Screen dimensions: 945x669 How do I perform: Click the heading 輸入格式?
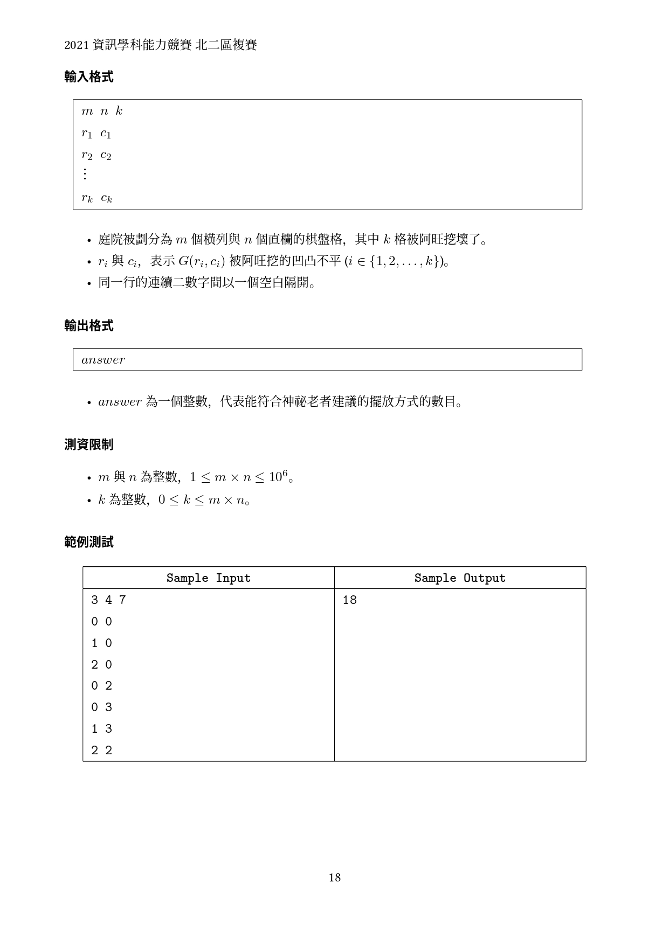coord(88,77)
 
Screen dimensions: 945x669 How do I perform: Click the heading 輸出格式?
coord(88,326)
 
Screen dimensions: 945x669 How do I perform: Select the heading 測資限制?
coord(88,445)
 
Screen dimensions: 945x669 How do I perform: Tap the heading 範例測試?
coord(88,543)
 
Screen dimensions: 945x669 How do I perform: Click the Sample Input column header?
coord(208,578)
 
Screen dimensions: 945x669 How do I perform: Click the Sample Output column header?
coord(460,578)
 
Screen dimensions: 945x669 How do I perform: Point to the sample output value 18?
coord(349,600)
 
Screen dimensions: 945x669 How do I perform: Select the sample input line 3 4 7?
coord(108,600)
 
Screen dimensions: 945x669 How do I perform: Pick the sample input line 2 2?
coord(101,751)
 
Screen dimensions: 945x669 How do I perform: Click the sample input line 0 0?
coord(101,622)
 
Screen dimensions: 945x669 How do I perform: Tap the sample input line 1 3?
coord(101,729)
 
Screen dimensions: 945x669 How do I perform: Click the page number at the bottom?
coord(334,878)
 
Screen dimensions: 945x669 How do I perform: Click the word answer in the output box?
coord(103,360)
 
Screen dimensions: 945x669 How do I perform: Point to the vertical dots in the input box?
coord(85,174)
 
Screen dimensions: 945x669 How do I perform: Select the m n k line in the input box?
coord(102,112)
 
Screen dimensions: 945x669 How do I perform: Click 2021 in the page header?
coord(76,45)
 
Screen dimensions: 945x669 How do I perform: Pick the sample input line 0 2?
coord(101,686)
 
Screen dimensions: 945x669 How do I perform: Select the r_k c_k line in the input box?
coord(97,198)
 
